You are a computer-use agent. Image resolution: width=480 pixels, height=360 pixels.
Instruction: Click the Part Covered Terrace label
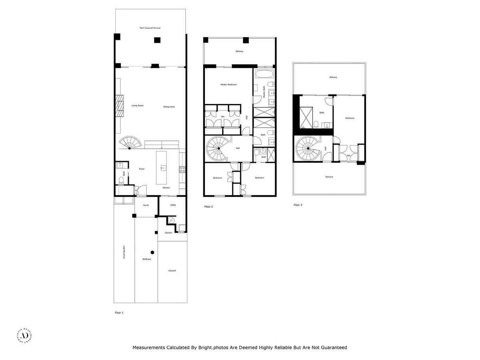coord(150,28)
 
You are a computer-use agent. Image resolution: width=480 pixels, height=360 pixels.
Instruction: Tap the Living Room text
coord(137,106)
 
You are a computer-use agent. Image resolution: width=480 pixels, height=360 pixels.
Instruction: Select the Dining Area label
coord(169,107)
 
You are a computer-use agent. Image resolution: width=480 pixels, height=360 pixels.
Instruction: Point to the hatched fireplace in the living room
coord(119,106)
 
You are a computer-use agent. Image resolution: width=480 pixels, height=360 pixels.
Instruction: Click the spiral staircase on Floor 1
coord(130,143)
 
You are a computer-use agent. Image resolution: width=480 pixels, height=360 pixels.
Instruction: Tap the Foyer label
coord(142,169)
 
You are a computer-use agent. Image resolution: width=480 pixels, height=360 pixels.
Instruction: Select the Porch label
coord(146,205)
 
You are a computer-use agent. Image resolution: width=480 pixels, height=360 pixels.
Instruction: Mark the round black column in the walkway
coord(152,252)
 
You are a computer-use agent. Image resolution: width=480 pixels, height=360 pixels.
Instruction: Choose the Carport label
coord(172,271)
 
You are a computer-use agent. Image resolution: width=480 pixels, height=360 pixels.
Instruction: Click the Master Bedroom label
coord(228,84)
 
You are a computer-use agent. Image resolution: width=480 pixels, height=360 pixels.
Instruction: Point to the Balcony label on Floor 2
coord(239,51)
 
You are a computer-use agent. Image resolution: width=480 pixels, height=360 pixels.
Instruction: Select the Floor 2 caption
coord(208,207)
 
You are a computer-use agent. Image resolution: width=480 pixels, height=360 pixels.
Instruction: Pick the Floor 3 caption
coord(298,205)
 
